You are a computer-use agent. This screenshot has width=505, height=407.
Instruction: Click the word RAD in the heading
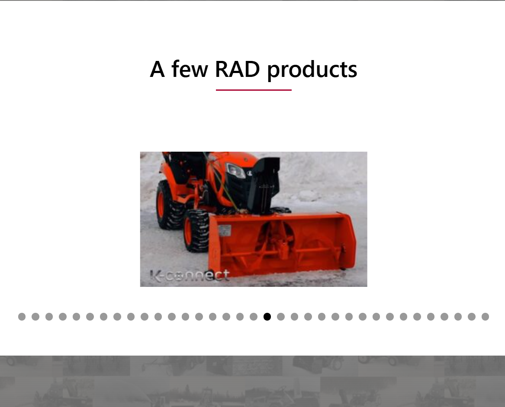tap(237, 69)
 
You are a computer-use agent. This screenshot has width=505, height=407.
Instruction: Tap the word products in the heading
tap(312, 70)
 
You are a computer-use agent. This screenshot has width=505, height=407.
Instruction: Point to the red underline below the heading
tap(254, 90)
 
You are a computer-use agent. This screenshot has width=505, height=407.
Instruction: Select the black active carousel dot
tap(267, 317)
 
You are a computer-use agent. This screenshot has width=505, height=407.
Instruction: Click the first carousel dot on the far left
tap(22, 317)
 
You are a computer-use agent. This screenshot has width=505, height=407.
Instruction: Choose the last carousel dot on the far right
tap(485, 317)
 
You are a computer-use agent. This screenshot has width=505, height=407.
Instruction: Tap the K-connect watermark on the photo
tap(190, 276)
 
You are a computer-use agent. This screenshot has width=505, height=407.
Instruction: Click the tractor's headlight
tap(235, 170)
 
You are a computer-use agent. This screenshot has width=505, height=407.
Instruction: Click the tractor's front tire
tap(197, 230)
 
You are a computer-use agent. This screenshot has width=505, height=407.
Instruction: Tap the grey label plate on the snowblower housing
tap(225, 231)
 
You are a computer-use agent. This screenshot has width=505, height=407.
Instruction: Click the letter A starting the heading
tap(158, 69)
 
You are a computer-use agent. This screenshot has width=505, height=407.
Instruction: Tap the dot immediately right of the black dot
tap(281, 317)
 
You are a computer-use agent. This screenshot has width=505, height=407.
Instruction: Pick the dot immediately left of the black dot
tap(254, 317)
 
